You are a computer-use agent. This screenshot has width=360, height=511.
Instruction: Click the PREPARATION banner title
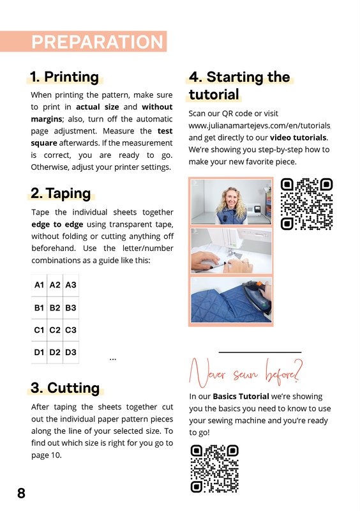pyautogui.click(x=97, y=42)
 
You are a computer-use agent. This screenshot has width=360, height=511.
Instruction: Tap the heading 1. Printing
pyautogui.click(x=64, y=77)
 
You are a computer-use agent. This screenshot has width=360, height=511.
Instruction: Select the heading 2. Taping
pyautogui.click(x=61, y=194)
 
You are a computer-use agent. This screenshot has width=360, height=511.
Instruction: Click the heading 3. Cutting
pyautogui.click(x=65, y=388)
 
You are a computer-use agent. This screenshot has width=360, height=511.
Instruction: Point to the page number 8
pyautogui.click(x=21, y=493)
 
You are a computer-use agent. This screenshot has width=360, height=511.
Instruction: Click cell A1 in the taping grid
pyautogui.click(x=39, y=285)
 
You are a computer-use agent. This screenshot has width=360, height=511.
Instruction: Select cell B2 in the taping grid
pyautogui.click(x=55, y=308)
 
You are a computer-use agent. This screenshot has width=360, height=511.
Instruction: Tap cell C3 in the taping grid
pyautogui.click(x=71, y=330)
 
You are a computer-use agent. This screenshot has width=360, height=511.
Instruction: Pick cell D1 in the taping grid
pyautogui.click(x=39, y=353)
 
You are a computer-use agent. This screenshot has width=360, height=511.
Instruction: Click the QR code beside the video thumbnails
pyautogui.click(x=306, y=204)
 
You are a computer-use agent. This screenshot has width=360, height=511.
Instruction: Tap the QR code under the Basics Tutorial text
pyautogui.click(x=214, y=469)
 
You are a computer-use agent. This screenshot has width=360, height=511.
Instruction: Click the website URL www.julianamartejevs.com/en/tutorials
pyautogui.click(x=259, y=126)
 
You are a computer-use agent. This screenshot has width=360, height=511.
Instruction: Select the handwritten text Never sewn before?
pyautogui.click(x=246, y=373)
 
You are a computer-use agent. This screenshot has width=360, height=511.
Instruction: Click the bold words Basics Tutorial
pyautogui.click(x=241, y=396)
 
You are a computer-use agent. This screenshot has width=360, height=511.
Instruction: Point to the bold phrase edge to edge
pyautogui.click(x=57, y=224)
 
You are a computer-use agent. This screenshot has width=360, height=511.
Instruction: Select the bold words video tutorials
pyautogui.click(x=298, y=137)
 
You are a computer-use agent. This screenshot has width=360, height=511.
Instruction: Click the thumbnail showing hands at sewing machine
pyautogui.click(x=231, y=250)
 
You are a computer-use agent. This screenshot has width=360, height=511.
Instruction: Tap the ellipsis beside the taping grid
pyautogui.click(x=113, y=359)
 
